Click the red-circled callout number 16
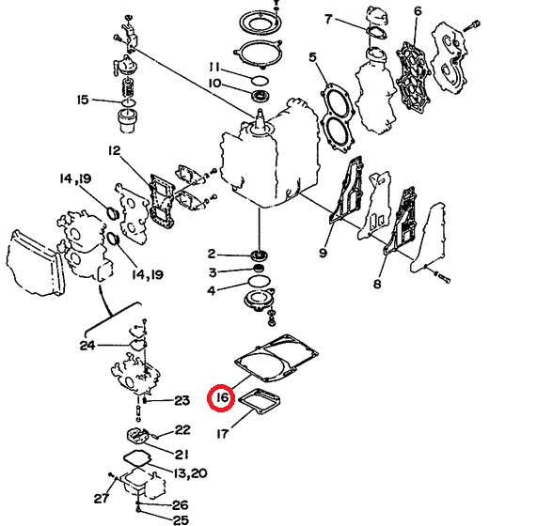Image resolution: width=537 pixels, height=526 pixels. coord(222,397)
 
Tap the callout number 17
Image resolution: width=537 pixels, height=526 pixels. coord(222,434)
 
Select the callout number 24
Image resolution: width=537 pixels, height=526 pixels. coord(87,346)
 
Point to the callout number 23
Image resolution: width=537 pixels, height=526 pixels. coord(182,400)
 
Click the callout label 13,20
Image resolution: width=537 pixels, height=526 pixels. coord(190,473)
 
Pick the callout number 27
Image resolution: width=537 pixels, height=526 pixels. coord(102,499)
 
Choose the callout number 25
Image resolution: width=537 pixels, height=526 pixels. coord(182,520)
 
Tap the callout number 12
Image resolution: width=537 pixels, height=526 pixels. coord(115,150)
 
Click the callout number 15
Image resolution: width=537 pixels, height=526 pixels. coord(83,100)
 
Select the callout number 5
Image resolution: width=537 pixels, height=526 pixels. coord(312,57)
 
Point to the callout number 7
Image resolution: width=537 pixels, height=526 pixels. coord(328,19)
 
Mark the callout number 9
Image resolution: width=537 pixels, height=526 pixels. coord(323,253)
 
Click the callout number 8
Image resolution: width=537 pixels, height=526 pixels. coord(377,284)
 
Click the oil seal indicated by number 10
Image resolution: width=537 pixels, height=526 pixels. coord(261,96)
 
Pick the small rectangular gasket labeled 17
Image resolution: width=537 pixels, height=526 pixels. coord(260,401)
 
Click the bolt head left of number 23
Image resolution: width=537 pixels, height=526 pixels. coord(145,400)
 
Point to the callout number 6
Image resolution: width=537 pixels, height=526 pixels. coord(418,11)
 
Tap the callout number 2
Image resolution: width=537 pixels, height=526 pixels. coord(212,254)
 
